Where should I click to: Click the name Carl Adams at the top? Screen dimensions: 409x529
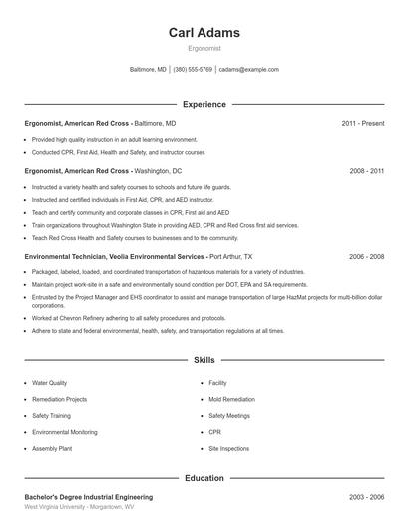[204, 33]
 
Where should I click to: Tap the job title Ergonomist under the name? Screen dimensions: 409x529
[204, 49]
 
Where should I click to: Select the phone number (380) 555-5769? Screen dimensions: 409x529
[193, 70]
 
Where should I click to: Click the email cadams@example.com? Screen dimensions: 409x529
[248, 70]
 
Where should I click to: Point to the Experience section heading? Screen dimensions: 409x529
[204, 104]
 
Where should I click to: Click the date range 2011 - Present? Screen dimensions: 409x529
[362, 123]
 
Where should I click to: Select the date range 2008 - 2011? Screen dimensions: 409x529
[366, 171]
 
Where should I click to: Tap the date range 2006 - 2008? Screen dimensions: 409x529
[366, 257]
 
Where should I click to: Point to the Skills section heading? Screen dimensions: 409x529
[204, 359]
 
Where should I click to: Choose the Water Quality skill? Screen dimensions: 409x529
[50, 383]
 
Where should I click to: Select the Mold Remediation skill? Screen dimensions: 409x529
[231, 399]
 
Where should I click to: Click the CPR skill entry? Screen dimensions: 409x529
[215, 432]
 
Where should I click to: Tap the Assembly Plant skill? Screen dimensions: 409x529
[53, 449]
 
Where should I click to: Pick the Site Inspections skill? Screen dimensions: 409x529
[229, 449]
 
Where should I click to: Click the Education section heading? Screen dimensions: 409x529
[204, 478]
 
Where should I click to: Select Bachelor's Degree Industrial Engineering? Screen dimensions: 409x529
[89, 497]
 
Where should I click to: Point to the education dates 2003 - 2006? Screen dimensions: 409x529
[366, 497]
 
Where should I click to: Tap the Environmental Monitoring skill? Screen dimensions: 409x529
[65, 432]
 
